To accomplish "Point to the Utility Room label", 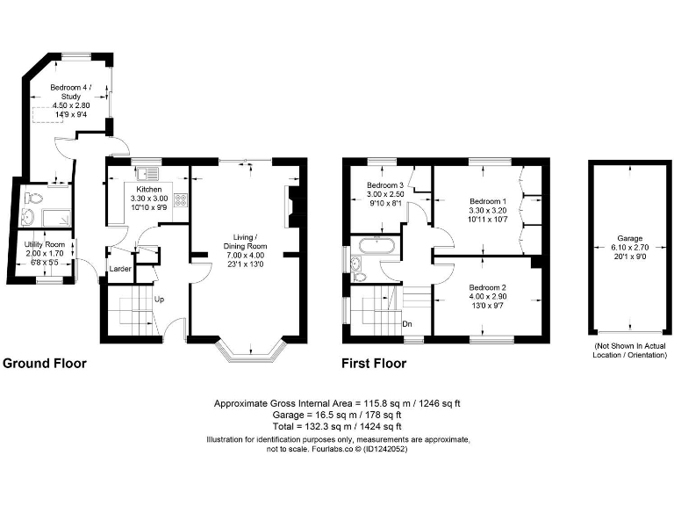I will click(44, 242).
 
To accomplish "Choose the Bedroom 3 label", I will click(385, 185).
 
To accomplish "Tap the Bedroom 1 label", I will click(487, 201).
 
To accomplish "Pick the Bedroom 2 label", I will click(487, 288).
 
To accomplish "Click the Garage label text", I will click(627, 238).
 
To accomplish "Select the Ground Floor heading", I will click(45, 362).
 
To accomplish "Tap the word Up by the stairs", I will click(159, 299).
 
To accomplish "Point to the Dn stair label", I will click(407, 323).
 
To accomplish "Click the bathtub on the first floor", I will click(376, 245).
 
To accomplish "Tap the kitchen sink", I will click(144, 170).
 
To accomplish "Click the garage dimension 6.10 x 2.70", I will click(627, 248).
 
